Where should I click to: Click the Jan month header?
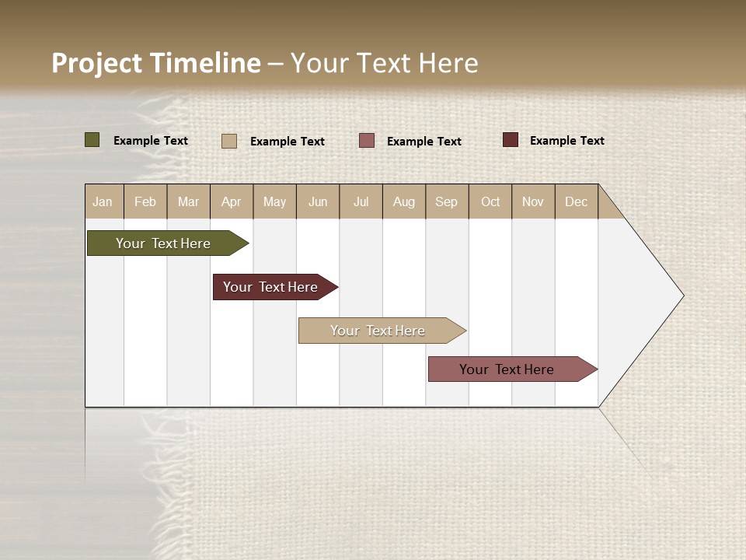[x=103, y=201]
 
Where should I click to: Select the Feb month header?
[x=145, y=201]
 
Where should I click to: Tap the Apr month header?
[x=231, y=201]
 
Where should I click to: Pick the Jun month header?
[x=318, y=201]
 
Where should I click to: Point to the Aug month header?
[x=403, y=201]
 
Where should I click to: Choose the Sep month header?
[x=446, y=201]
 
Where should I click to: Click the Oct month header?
[x=490, y=201]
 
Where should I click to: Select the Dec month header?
[x=576, y=201]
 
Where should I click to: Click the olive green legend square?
[x=92, y=140]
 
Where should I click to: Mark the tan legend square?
[x=228, y=141]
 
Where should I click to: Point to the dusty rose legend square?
[x=367, y=141]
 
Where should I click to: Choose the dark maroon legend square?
[x=510, y=140]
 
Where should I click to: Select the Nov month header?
[x=532, y=201]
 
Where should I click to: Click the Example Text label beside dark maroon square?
[x=566, y=141]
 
